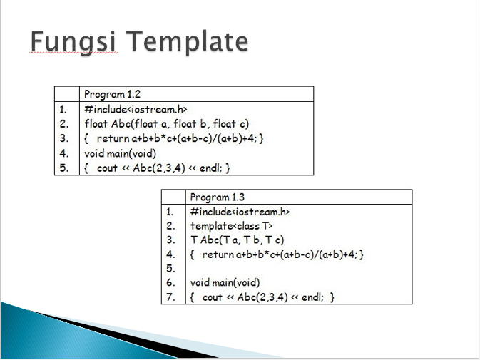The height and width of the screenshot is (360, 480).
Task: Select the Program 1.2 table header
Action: [112, 94]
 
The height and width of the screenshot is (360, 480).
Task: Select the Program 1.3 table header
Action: [218, 197]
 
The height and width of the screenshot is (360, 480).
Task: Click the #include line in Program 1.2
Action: [135, 109]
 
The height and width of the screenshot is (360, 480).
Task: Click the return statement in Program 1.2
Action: [175, 138]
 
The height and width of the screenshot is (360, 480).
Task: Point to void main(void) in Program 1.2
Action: [120, 153]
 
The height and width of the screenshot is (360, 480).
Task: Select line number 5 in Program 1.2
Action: [63, 168]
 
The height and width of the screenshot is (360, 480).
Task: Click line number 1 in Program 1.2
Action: [63, 109]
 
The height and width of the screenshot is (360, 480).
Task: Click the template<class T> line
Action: [232, 226]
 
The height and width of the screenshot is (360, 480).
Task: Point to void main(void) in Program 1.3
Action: [225, 283]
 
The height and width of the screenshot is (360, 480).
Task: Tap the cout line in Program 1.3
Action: [262, 297]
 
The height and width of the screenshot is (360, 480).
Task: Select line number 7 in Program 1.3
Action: [170, 297]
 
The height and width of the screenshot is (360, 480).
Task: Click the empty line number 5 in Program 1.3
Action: [170, 269]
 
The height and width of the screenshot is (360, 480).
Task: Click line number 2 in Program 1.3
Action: [170, 226]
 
